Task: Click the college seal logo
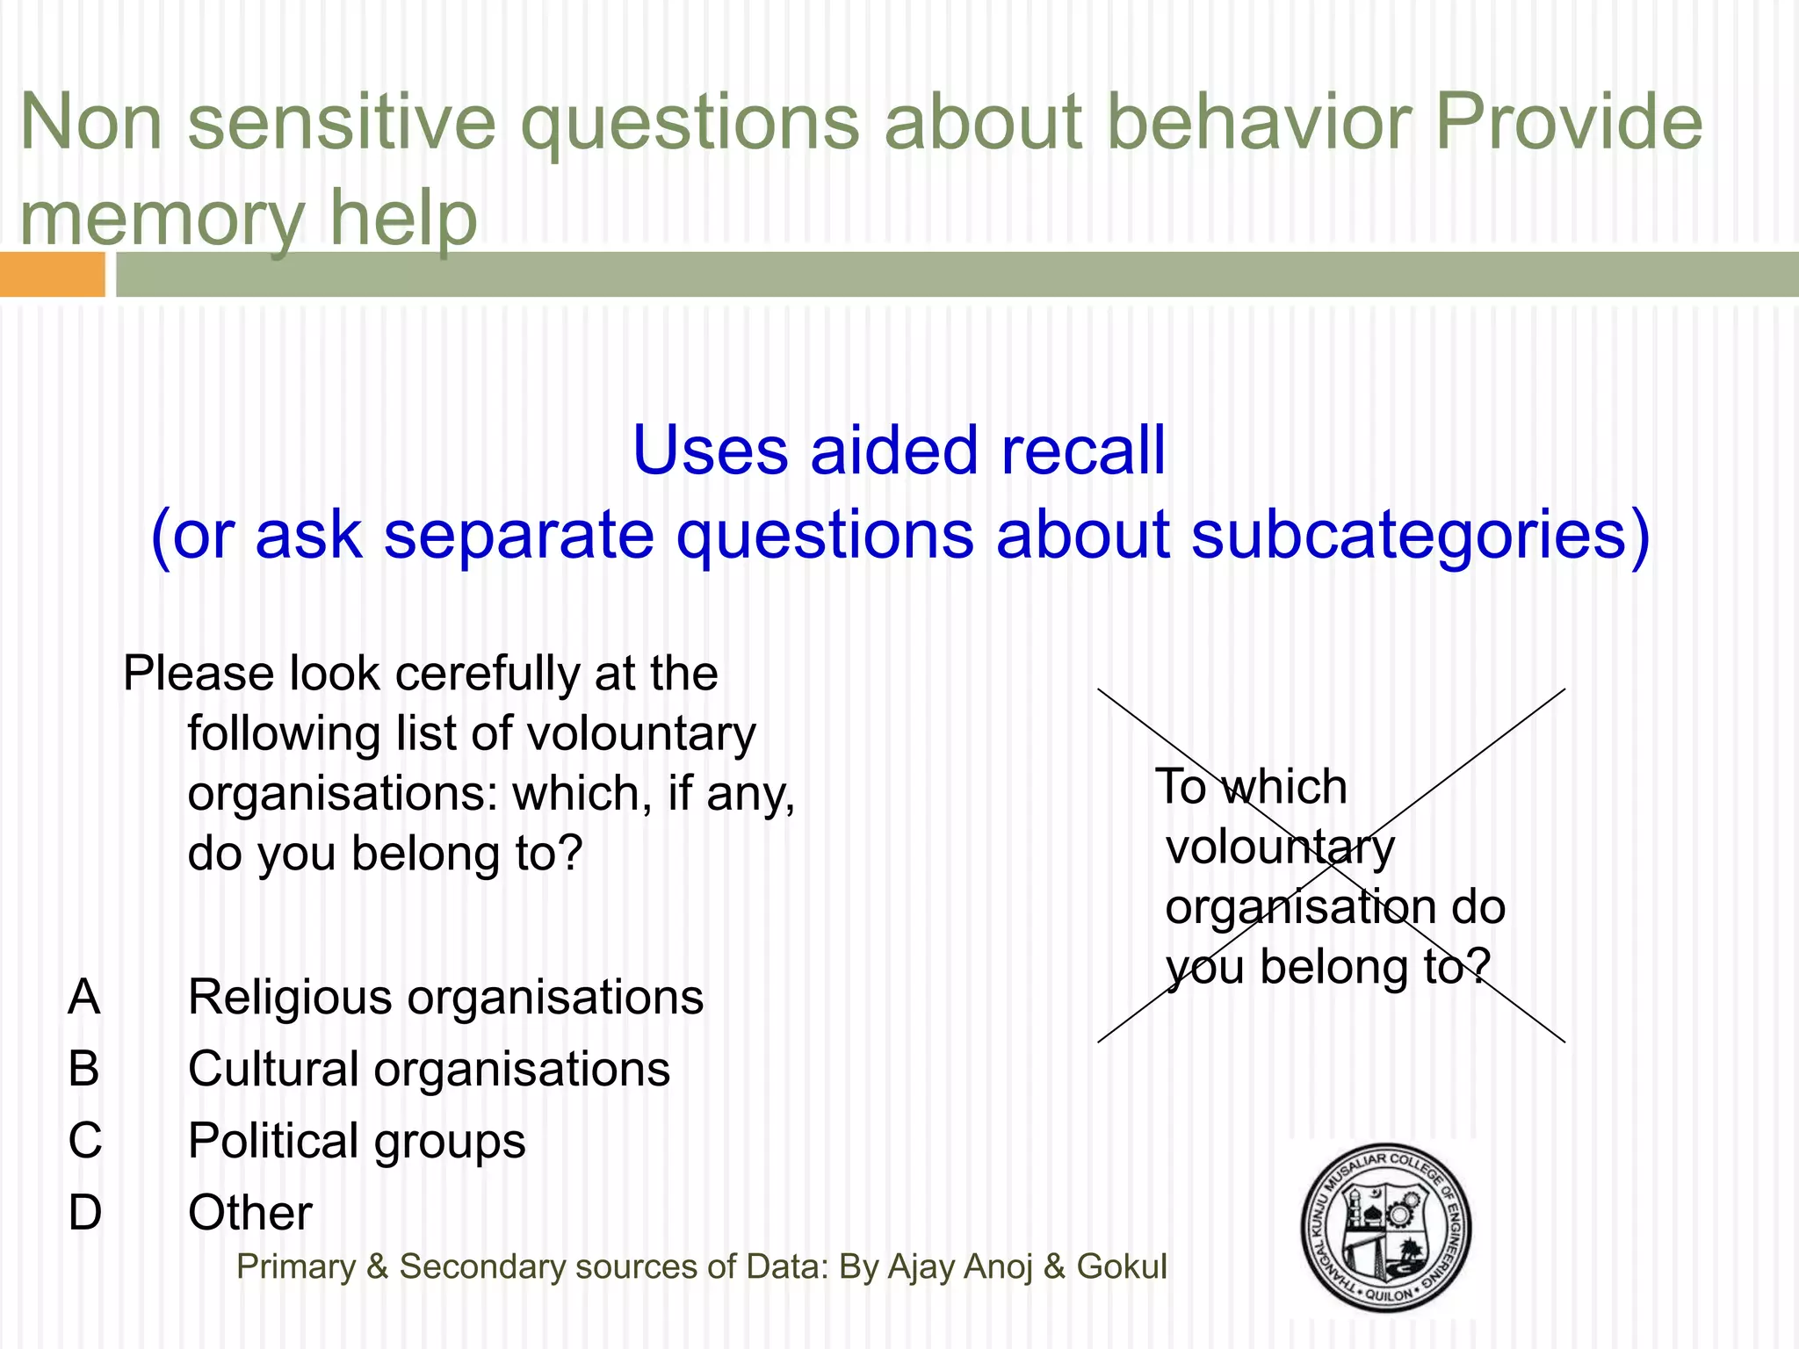(x=1386, y=1227)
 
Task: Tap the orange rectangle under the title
(x=52, y=274)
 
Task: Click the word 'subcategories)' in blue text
(x=1420, y=535)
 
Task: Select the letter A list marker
(x=84, y=998)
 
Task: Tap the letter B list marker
(x=84, y=1069)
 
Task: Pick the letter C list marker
(x=85, y=1141)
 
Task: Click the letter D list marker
(x=85, y=1213)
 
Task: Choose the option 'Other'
(x=250, y=1213)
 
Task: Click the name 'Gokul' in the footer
(x=1122, y=1266)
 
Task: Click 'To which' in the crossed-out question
(x=1251, y=786)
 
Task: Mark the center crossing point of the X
(x=1332, y=866)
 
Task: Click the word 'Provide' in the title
(x=1569, y=123)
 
